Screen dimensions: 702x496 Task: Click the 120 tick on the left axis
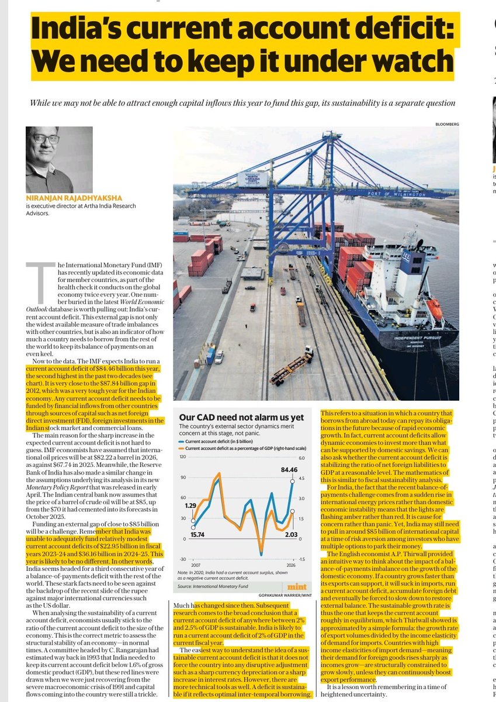click(x=182, y=456)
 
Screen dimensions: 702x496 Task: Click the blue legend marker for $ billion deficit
click(x=181, y=442)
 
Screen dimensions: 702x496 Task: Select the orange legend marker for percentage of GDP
click(x=181, y=449)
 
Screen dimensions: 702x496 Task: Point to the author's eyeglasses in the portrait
click(x=46, y=139)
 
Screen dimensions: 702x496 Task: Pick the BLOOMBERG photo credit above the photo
click(x=446, y=124)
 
